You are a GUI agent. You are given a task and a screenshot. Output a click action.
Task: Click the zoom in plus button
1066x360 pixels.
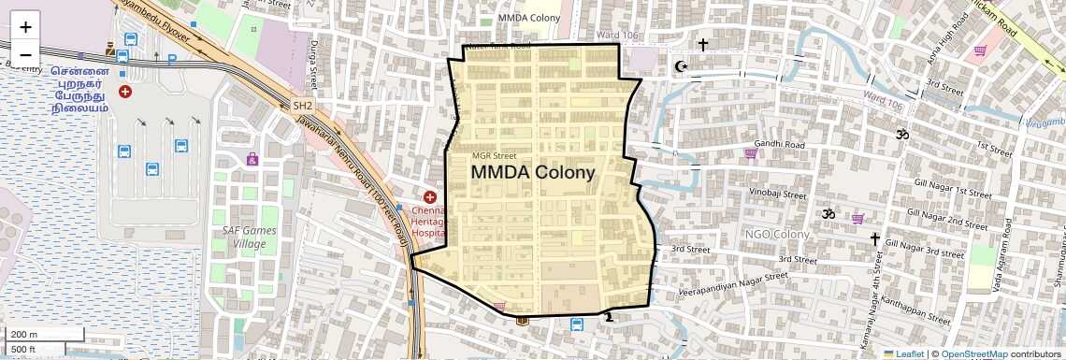tap(25, 27)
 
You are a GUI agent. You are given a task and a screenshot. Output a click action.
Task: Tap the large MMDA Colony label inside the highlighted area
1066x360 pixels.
tap(532, 173)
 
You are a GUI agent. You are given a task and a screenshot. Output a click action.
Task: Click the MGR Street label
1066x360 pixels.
tap(494, 156)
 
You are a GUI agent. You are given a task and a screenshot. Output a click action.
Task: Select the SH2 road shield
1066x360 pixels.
tap(302, 106)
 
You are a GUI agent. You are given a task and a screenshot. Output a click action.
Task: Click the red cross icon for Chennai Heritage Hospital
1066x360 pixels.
tap(430, 197)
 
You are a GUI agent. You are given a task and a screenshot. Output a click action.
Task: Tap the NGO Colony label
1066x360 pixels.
tap(776, 234)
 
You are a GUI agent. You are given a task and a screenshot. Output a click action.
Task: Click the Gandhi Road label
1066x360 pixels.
tap(782, 146)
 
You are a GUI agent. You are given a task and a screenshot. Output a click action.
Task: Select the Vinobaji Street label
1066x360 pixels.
tap(777, 195)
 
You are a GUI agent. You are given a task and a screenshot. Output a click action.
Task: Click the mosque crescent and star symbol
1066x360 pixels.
tap(681, 66)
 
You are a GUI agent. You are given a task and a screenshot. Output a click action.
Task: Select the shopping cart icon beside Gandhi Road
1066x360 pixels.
tap(750, 153)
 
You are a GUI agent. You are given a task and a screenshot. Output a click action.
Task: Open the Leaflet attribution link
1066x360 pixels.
tap(903, 353)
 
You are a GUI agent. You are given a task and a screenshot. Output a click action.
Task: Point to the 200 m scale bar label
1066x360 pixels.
tap(25, 334)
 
